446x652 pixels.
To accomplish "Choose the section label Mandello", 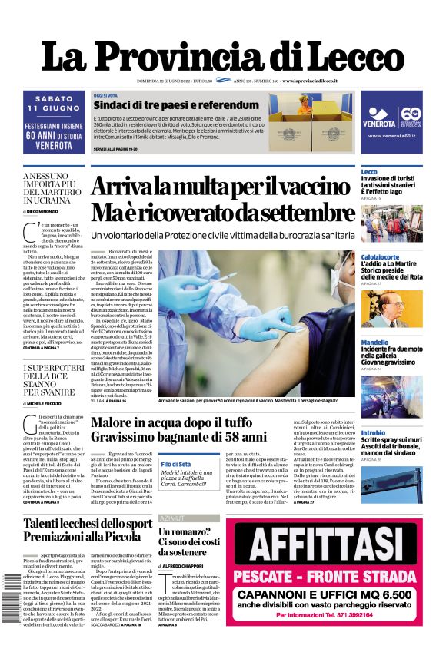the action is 374,342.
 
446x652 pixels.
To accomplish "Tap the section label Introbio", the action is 373,433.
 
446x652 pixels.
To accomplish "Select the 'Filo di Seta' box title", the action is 177,464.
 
